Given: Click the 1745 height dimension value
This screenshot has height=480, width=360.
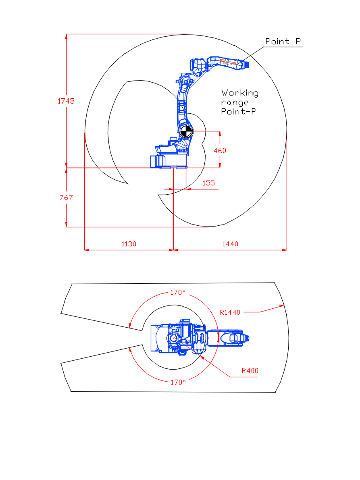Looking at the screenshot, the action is pyautogui.click(x=66, y=101).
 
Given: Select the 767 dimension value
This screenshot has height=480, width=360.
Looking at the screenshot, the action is pyautogui.click(x=66, y=198).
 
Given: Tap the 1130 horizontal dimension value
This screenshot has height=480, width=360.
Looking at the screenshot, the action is pyautogui.click(x=129, y=244).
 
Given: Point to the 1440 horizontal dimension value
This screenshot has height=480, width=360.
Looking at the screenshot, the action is pyautogui.click(x=230, y=244).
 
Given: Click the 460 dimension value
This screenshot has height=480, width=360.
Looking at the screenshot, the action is pyautogui.click(x=220, y=151).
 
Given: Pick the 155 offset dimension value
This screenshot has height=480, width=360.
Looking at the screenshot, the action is pyautogui.click(x=209, y=183).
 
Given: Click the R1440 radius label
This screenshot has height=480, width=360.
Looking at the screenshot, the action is pyautogui.click(x=230, y=313).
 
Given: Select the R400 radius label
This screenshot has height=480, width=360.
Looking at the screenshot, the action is pyautogui.click(x=250, y=371).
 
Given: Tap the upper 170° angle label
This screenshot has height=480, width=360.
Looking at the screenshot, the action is pyautogui.click(x=178, y=292).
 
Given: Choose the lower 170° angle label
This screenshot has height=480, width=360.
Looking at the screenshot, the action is pyautogui.click(x=178, y=382).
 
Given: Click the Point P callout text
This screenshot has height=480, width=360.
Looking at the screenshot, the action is pyautogui.click(x=283, y=42).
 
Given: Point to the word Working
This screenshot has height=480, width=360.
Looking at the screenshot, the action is pyautogui.click(x=240, y=93).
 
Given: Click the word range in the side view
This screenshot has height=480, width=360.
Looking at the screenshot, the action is pyautogui.click(x=235, y=102).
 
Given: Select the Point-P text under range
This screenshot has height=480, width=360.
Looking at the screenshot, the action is pyautogui.click(x=239, y=111).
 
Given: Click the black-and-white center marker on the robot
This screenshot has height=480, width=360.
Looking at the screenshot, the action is pyautogui.click(x=186, y=131).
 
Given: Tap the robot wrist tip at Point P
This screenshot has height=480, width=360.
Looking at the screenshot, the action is pyautogui.click(x=247, y=64).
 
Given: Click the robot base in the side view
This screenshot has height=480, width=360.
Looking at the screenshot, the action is pyautogui.click(x=169, y=161).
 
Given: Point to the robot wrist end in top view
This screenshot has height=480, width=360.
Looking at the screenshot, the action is pyautogui.click(x=247, y=338).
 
